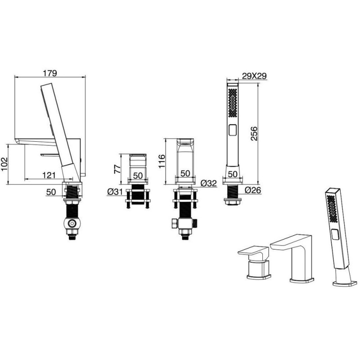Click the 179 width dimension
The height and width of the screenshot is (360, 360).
[x=50, y=73]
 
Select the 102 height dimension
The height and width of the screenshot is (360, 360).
[x=4, y=164]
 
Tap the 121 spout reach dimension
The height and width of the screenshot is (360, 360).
[x=49, y=175]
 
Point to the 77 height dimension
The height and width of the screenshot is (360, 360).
[x=117, y=169]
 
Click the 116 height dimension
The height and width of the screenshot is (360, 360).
[x=162, y=161]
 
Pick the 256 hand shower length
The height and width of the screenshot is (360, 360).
[x=254, y=133]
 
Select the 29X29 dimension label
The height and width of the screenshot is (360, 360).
[x=254, y=76]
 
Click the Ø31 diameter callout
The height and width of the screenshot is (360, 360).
[x=115, y=191]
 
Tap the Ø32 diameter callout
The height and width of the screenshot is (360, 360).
[x=209, y=183]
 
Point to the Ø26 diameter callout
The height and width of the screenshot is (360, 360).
[x=253, y=190]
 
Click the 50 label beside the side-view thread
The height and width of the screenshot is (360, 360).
[x=51, y=192]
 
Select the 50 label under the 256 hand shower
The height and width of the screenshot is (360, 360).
[x=233, y=174]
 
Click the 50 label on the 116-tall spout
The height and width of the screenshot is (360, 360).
[x=185, y=173]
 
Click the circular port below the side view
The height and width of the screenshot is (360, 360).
[x=72, y=223]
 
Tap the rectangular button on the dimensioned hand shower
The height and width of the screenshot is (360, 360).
[x=233, y=130]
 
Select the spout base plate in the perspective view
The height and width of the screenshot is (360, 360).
[x=301, y=280]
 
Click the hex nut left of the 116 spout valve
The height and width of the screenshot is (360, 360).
[x=174, y=224]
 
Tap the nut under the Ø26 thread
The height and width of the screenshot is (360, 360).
[x=232, y=202]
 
